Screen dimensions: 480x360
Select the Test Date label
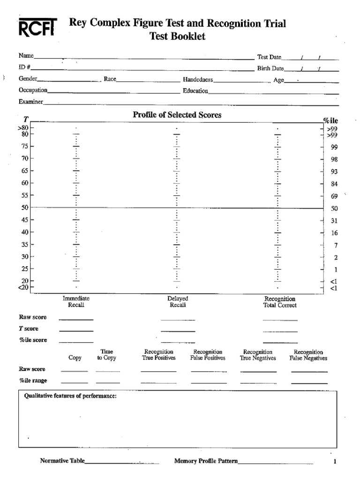pos(269,57)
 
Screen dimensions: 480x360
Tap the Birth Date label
pos(270,68)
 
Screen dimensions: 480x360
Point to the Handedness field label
pos(198,80)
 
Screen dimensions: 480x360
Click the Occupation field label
pos(33,90)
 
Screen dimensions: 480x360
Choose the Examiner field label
pos(31,102)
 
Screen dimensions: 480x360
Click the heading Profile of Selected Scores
pos(177,115)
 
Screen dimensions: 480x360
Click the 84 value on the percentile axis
pos(334,184)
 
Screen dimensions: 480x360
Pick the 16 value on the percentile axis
pos(334,233)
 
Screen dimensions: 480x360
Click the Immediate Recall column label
pos(76,301)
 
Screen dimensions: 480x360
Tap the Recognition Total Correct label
pos(280,302)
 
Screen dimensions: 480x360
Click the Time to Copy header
pos(107,354)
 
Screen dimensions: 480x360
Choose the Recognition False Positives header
pos(208,355)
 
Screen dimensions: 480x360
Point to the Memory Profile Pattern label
pos(206,461)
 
